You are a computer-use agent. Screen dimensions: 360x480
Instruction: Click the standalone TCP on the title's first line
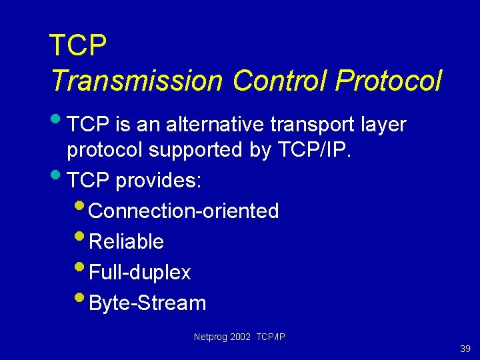(78, 47)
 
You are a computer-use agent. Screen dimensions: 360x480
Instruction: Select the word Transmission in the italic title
(136, 81)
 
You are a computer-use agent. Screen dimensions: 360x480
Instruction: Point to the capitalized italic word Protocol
(388, 81)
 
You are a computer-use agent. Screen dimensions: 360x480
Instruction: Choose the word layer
(383, 125)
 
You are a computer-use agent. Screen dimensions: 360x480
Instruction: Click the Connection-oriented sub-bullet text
(183, 211)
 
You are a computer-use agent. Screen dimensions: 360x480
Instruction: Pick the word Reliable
(126, 241)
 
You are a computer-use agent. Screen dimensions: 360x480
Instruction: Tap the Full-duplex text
(139, 272)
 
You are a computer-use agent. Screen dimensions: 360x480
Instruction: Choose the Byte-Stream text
(147, 303)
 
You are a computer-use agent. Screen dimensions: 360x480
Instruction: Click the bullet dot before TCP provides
(57, 175)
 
